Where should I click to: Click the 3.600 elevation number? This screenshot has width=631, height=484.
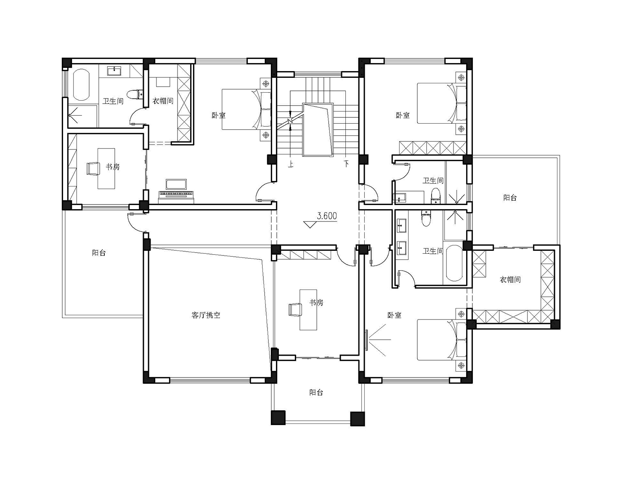pos(327,216)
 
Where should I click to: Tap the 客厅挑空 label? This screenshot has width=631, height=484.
pos(206,315)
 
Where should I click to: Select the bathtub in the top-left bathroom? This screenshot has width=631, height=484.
pos(81,85)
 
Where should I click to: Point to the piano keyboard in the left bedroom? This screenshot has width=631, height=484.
pos(176,194)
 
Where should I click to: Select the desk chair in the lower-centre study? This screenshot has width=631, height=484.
pos(295,309)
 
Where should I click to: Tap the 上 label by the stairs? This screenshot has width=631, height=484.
pos(290,165)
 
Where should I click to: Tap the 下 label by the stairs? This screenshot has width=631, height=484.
pos(346,164)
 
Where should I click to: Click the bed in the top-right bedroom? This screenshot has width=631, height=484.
pos(441,103)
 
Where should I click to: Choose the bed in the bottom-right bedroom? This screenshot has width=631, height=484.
pos(441,340)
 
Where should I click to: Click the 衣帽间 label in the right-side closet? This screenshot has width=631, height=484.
pos(510,280)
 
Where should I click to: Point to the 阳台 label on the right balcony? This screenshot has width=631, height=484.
pos(510,198)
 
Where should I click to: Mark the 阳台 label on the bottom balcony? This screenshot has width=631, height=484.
pos(316,393)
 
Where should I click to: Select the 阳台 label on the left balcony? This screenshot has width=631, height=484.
pos(99,253)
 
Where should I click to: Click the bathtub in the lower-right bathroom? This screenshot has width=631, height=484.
pos(454,263)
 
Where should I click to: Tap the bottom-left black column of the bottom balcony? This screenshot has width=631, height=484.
pos(278,418)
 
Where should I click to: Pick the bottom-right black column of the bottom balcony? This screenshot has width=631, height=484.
pos(358,419)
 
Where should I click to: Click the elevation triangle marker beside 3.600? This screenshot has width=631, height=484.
pos(310,225)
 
